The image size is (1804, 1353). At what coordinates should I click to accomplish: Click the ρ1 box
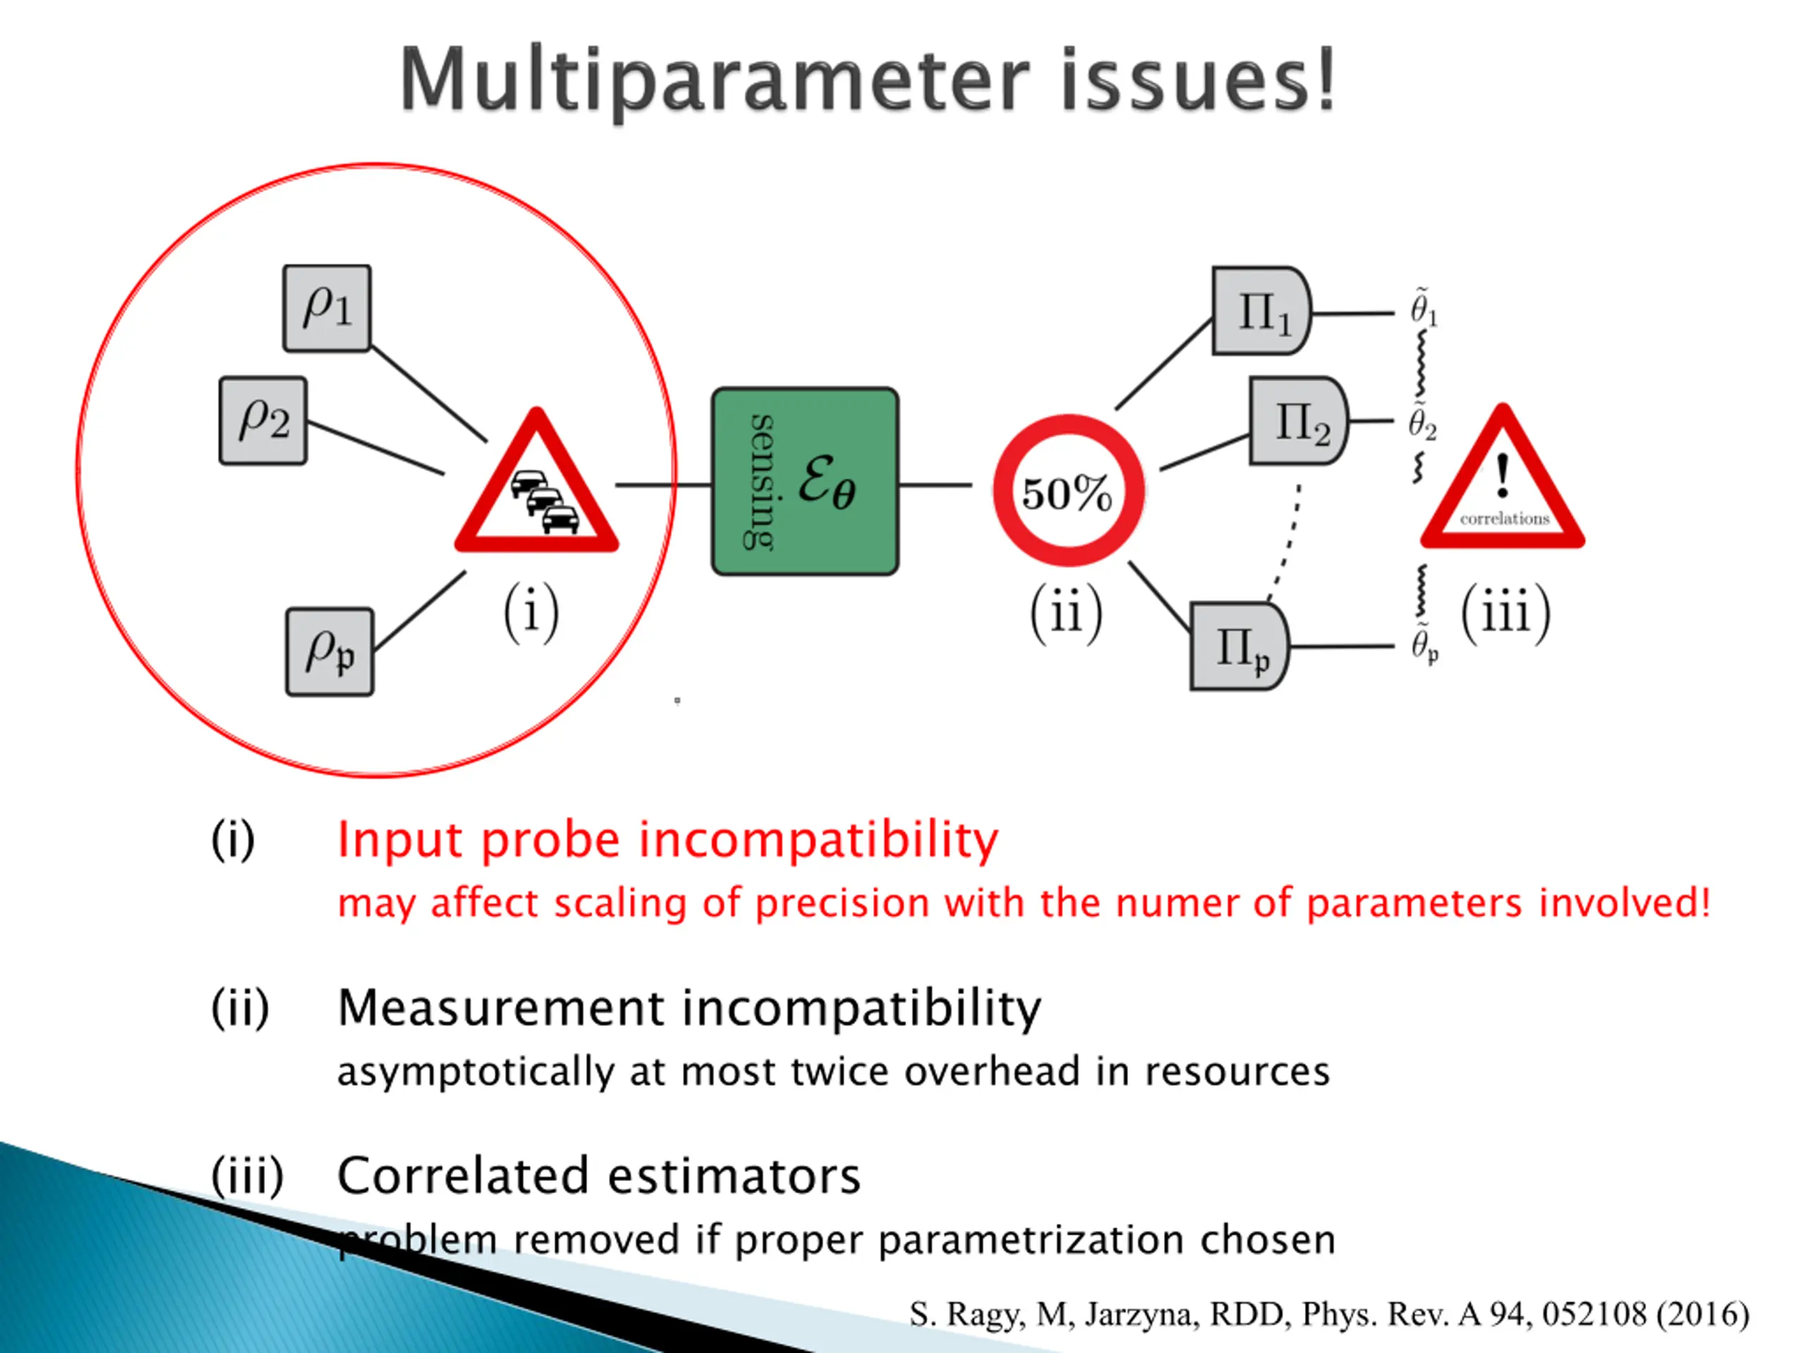pos(326,308)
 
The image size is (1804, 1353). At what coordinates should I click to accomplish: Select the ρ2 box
pos(263,420)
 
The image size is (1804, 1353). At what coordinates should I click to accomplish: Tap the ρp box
pos(330,652)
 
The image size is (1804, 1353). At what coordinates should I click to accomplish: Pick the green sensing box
pos(805,481)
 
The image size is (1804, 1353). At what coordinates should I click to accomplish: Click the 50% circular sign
pos(1068,491)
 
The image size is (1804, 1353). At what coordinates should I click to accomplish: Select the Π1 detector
pos(1260,311)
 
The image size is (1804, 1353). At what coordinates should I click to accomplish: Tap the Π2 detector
pos(1297,421)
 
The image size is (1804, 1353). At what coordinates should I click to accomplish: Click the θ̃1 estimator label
pos(1424,307)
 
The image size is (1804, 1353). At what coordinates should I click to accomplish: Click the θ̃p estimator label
pos(1424,644)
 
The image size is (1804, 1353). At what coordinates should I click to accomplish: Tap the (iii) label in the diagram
pos(1505,612)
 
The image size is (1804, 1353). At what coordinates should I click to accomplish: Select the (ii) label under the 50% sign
pos(1066,612)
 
